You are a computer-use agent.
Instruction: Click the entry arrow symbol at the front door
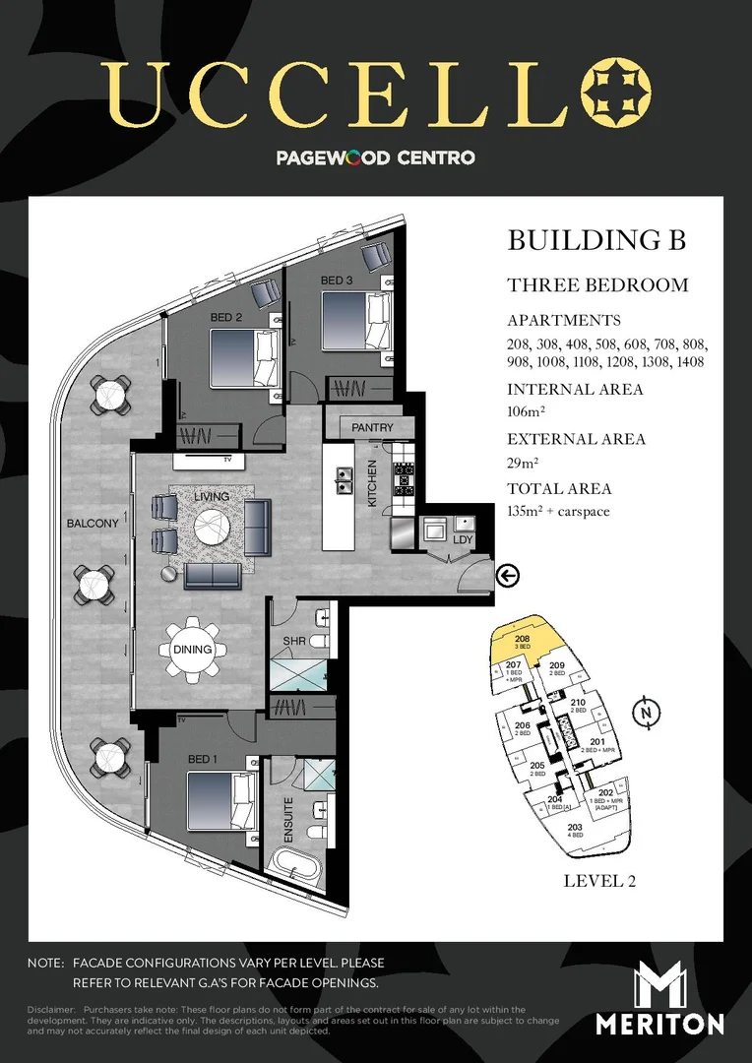tap(508, 576)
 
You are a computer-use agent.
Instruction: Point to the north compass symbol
tap(645, 712)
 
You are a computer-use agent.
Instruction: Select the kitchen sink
tap(344, 480)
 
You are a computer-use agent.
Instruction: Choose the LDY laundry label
tap(463, 540)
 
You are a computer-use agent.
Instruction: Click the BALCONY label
tap(93, 523)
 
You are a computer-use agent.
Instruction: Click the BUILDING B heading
tap(595, 240)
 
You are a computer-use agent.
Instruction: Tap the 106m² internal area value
tap(528, 412)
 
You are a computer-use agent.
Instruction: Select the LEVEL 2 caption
tap(599, 881)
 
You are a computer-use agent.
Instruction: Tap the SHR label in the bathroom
tap(294, 641)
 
